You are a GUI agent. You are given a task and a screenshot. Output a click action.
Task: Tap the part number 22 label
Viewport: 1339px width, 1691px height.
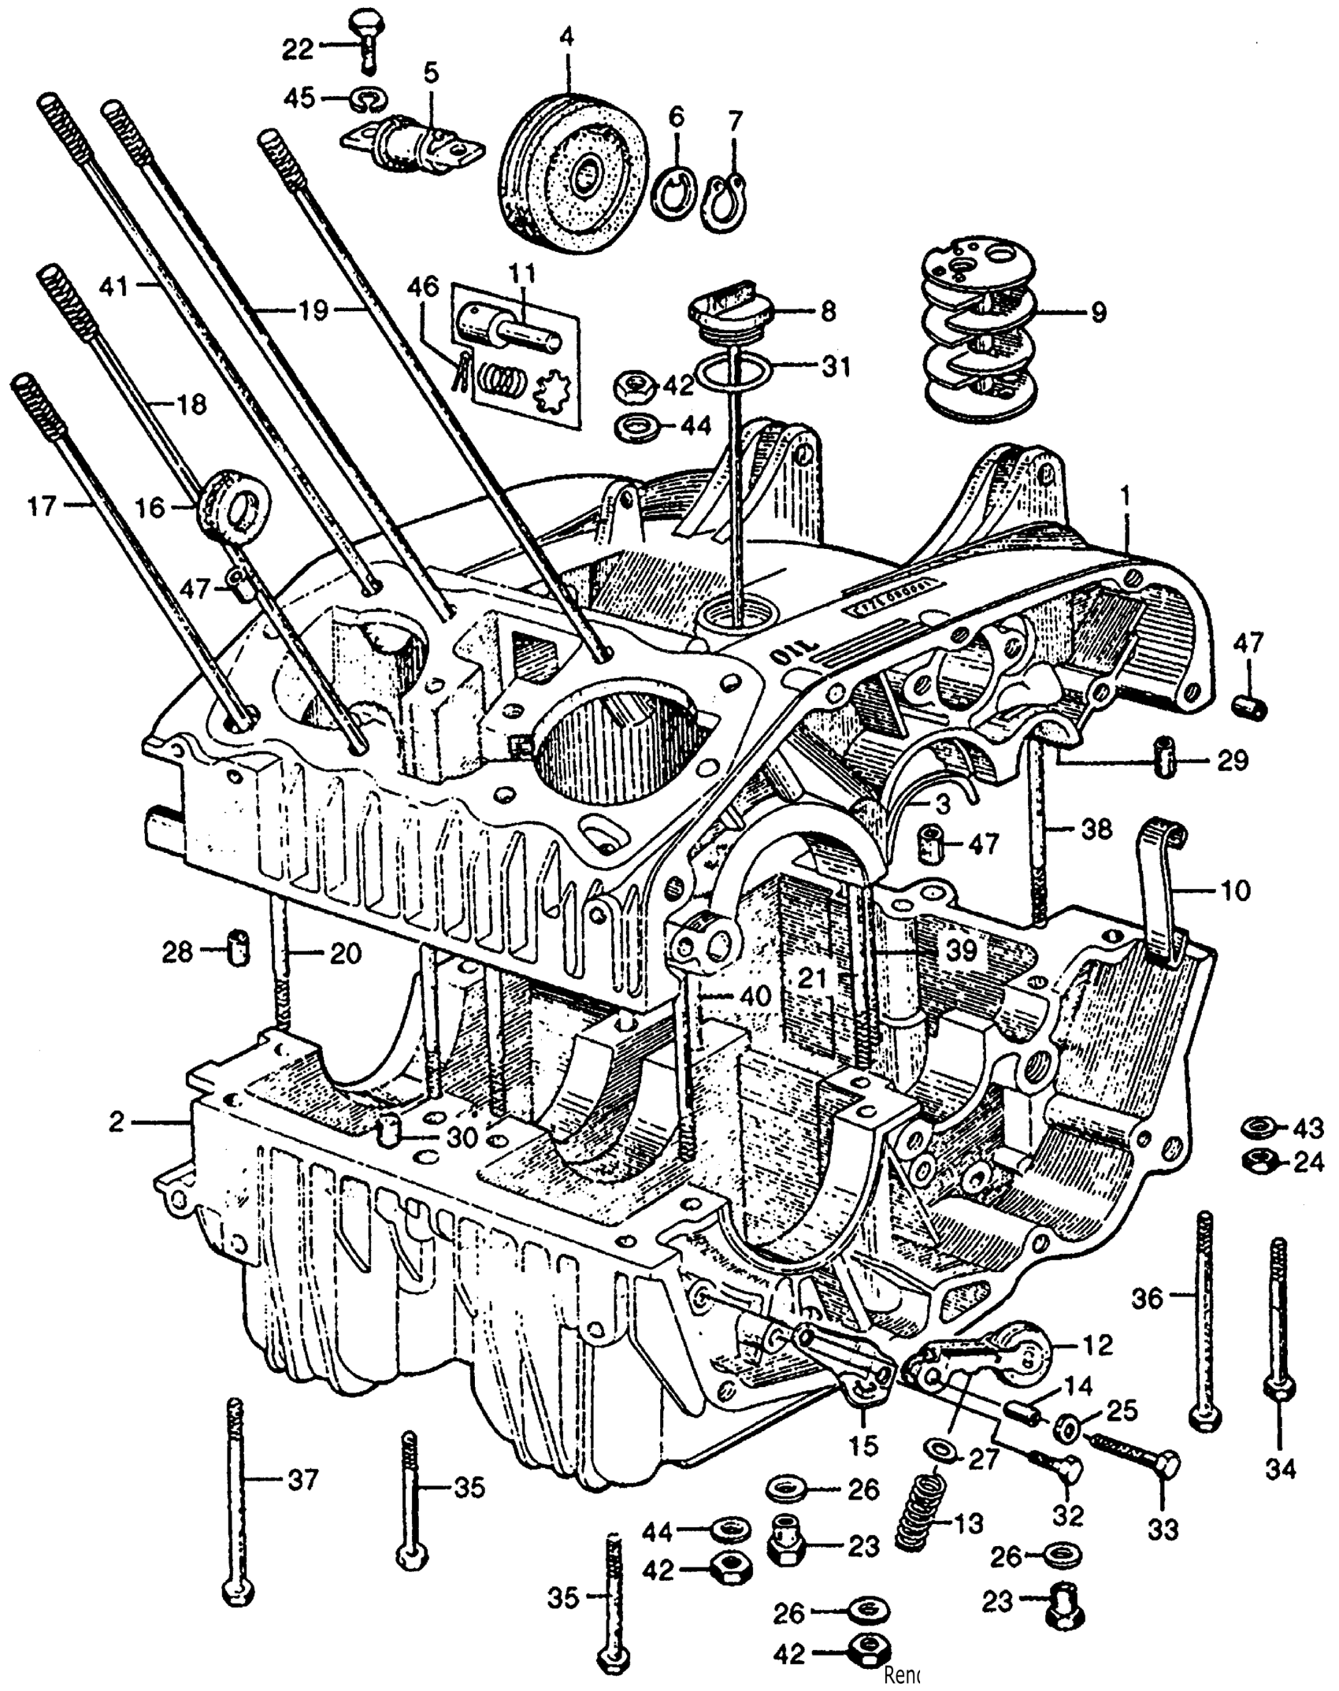coord(299,49)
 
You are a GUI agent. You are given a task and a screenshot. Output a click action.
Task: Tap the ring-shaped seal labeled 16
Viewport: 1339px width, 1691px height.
coord(236,503)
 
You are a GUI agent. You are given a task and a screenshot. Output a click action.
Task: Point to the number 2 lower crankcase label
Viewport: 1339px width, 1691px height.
coord(117,1122)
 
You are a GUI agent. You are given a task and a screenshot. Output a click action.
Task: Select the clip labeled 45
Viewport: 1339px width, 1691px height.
coord(365,98)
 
